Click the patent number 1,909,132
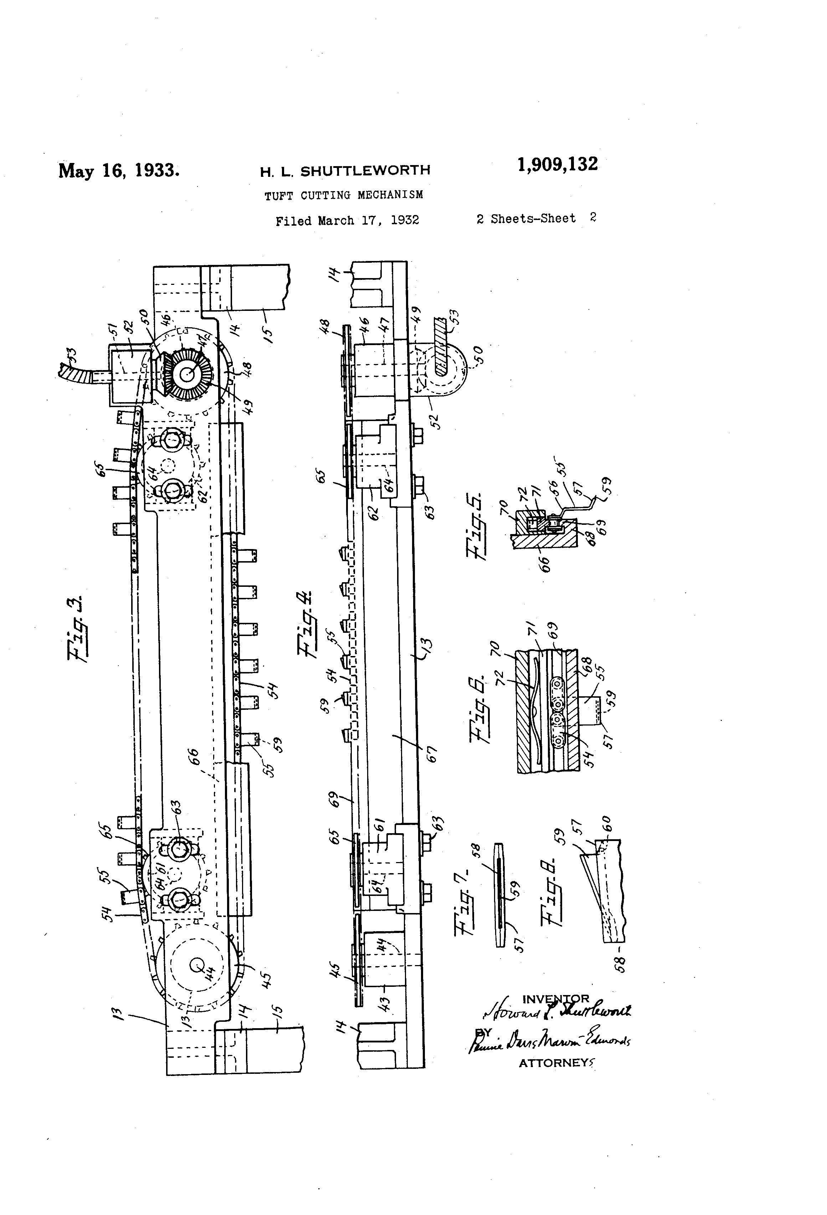click(x=557, y=165)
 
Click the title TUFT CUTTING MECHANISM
click(x=343, y=195)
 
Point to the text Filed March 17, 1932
click(x=347, y=221)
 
